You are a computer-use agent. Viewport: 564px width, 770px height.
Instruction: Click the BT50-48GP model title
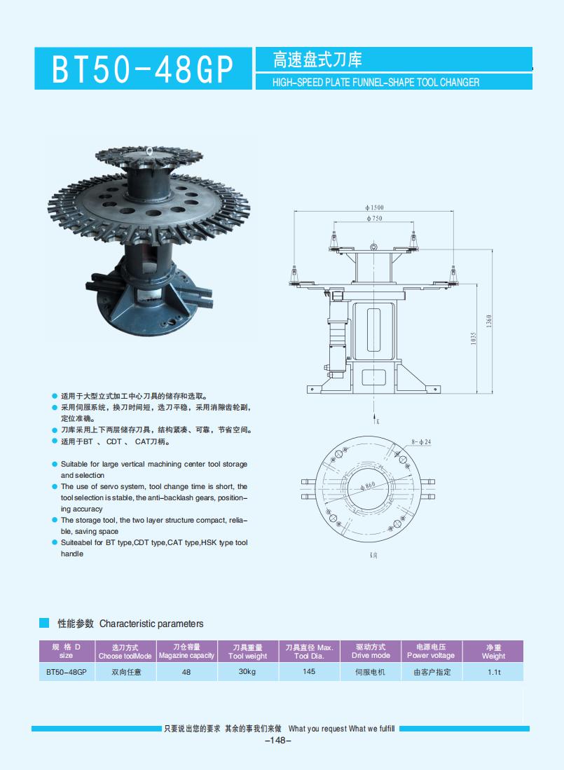[x=143, y=69]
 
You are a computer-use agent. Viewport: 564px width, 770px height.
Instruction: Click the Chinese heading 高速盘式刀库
[x=317, y=60]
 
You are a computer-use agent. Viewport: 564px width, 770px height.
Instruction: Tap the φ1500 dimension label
[x=375, y=208]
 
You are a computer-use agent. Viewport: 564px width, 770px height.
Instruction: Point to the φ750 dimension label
[x=375, y=219]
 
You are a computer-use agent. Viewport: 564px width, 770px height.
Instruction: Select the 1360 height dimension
[x=489, y=320]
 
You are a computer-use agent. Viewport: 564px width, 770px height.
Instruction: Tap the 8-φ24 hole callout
[x=421, y=442]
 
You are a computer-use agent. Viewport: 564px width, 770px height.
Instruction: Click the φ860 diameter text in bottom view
[x=369, y=485]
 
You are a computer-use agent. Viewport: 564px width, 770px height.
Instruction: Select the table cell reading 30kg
[x=247, y=672]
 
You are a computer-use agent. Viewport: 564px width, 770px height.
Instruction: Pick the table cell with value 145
[x=309, y=672]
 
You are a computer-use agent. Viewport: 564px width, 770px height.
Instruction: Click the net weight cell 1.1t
[x=493, y=673]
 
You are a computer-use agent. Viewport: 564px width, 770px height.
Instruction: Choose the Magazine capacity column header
[x=186, y=652]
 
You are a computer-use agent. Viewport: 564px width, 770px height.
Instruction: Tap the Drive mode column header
[x=371, y=652]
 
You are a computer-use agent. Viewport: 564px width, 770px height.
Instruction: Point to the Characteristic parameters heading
[x=151, y=624]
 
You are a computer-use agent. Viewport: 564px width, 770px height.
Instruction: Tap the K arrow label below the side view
[x=377, y=422]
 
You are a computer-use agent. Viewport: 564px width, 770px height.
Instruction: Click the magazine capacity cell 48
[x=186, y=672]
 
